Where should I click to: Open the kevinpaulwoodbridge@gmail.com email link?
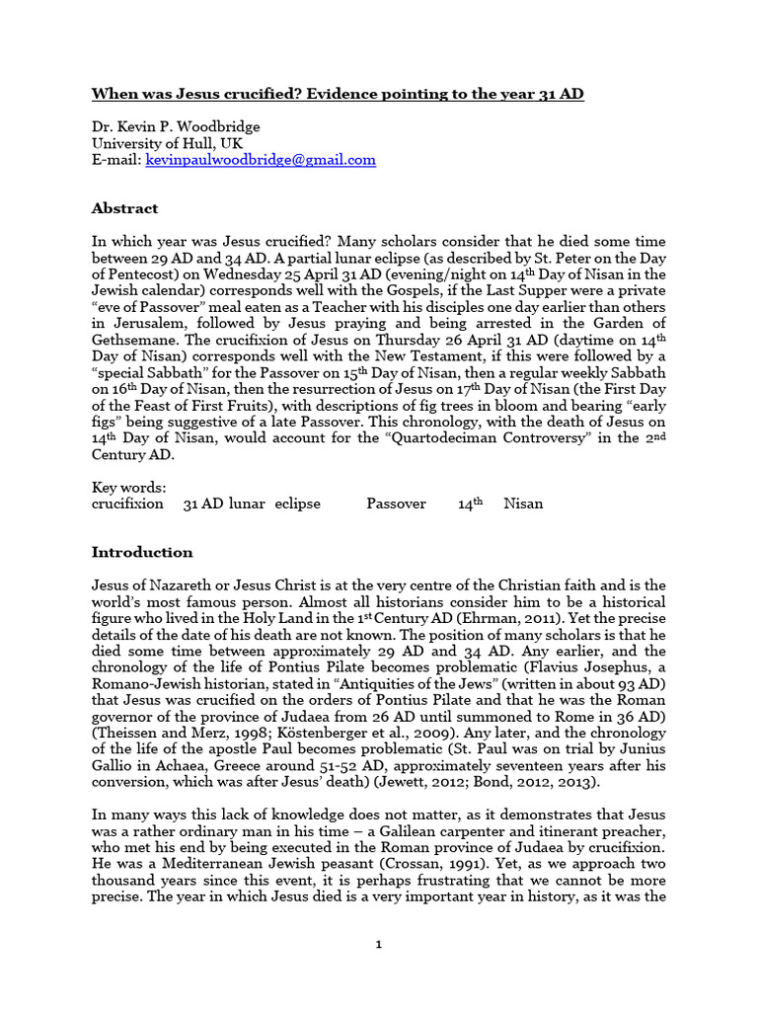click(261, 159)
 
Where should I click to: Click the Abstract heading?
click(124, 208)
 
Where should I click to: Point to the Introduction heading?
click(142, 552)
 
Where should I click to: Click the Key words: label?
click(128, 487)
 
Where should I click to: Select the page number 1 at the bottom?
click(378, 945)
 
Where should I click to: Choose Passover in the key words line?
click(396, 504)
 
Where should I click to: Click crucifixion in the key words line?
click(127, 504)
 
